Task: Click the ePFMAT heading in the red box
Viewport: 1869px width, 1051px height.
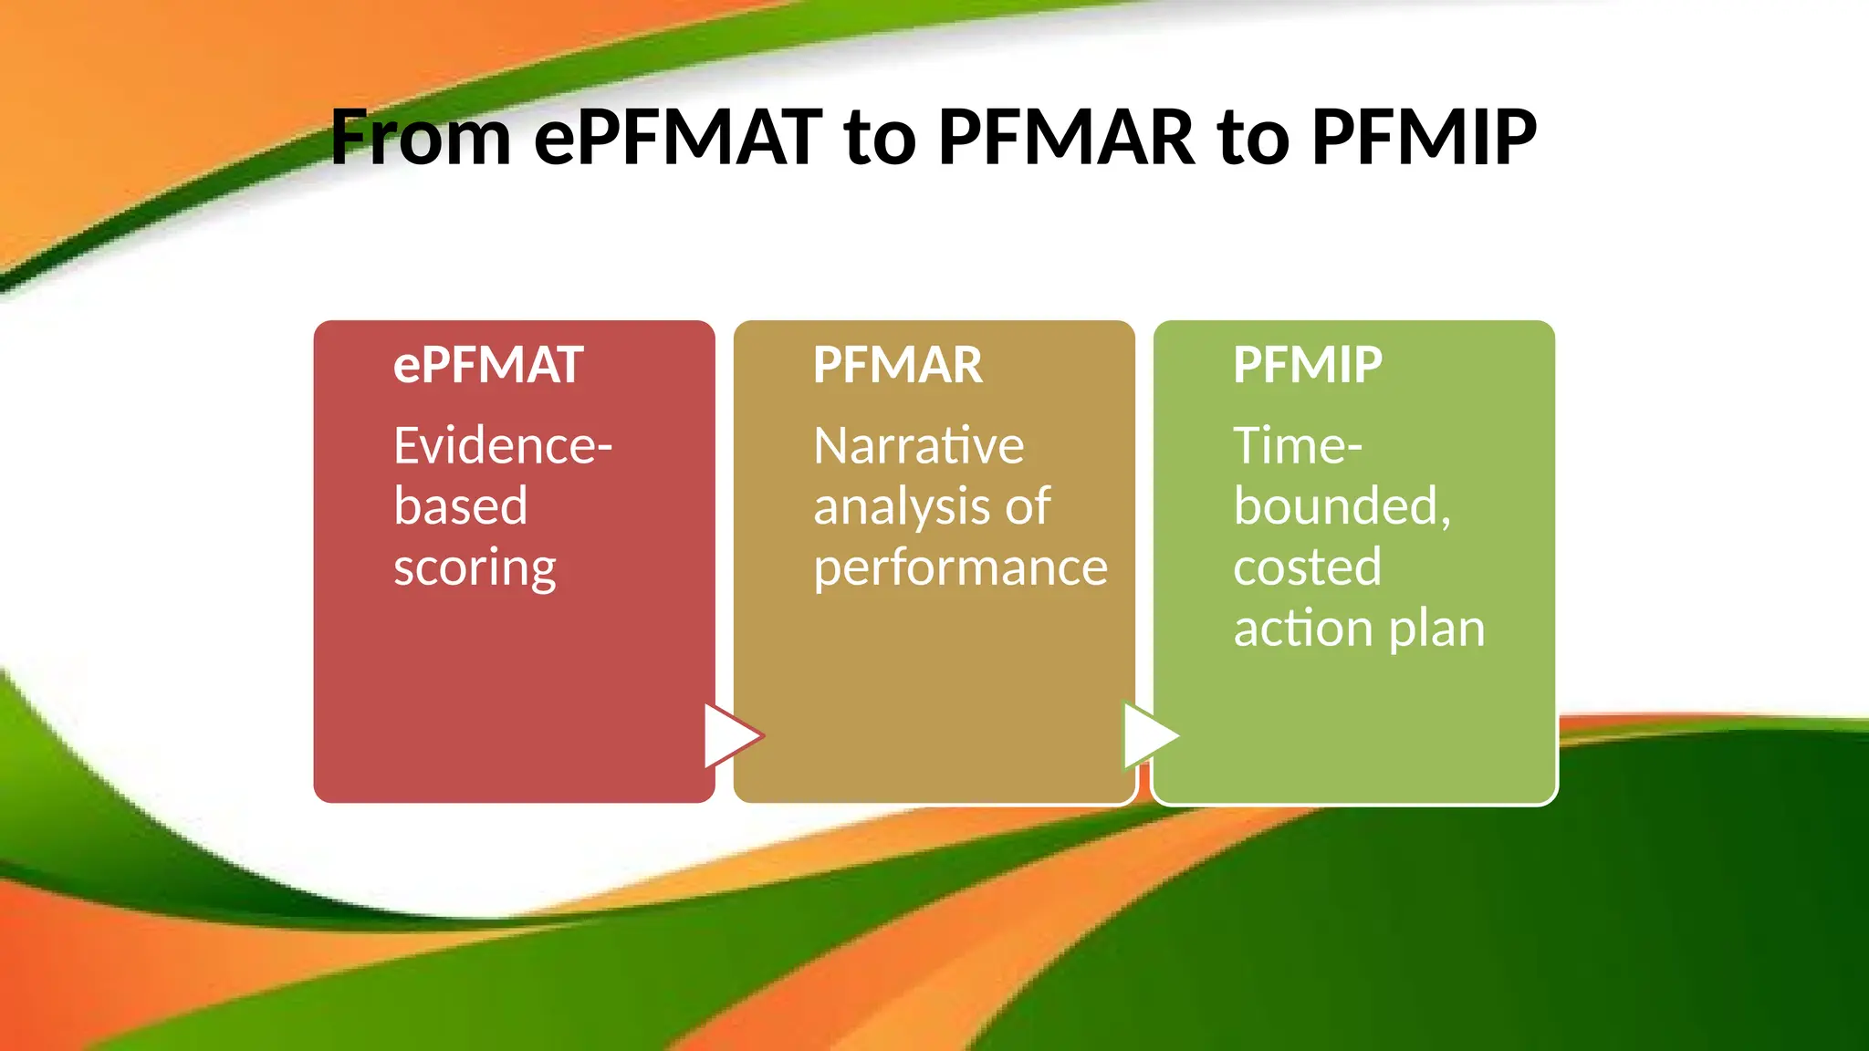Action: pos(488,365)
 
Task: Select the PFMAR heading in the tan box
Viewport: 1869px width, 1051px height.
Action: pos(898,365)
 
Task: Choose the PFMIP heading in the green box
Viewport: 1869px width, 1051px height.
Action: pos(1308,365)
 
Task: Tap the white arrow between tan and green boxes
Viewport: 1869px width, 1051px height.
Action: pos(1149,735)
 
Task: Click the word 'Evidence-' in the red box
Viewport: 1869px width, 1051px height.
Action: pos(503,446)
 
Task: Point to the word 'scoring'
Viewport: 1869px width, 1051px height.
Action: pos(475,568)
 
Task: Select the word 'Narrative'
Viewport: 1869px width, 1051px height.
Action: pos(919,446)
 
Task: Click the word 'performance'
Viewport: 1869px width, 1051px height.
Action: pos(960,568)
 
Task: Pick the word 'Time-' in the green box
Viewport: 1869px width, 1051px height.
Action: pos(1298,446)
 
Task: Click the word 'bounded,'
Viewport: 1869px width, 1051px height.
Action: pos(1342,507)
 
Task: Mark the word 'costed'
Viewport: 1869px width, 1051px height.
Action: pos(1307,567)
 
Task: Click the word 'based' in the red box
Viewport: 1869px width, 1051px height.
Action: pos(461,507)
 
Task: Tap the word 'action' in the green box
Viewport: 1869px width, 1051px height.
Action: pos(1302,630)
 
